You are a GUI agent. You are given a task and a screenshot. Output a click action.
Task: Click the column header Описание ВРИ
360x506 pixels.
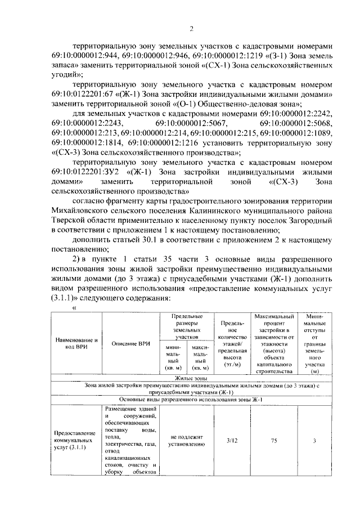point(130,344)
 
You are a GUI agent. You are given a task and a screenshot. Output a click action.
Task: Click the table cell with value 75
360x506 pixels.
point(274,440)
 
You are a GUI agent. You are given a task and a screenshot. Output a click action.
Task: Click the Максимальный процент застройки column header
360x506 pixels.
point(274,344)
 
